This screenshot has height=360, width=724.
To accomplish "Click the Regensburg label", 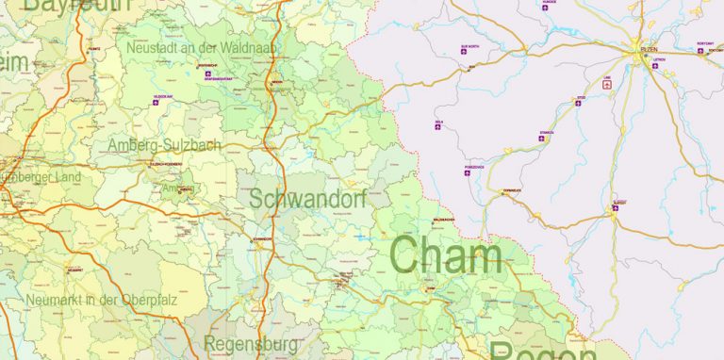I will click(x=251, y=344).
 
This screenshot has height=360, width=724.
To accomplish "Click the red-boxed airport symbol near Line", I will click(x=607, y=83).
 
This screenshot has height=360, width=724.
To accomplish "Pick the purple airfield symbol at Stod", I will click(x=579, y=103).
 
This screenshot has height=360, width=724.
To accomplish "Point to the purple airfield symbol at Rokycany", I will click(x=701, y=50).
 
